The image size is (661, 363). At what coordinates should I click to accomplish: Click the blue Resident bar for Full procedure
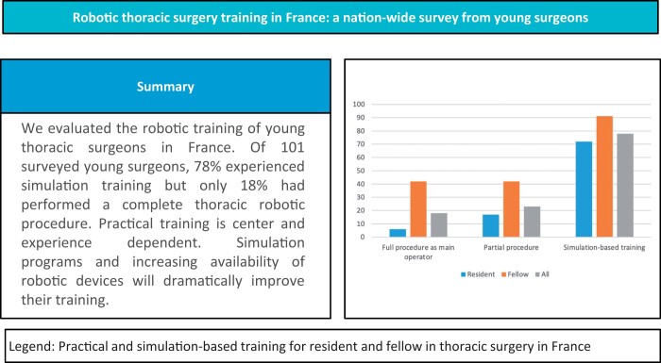(x=398, y=233)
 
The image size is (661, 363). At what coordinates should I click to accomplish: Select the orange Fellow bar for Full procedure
(x=418, y=209)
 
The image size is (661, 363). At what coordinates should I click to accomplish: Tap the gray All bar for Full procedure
(x=439, y=225)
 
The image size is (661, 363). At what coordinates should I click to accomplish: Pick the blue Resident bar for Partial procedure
(x=491, y=225)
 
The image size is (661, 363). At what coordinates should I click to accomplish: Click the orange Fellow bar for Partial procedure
(x=512, y=209)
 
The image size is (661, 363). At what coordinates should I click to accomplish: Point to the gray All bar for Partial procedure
(x=532, y=222)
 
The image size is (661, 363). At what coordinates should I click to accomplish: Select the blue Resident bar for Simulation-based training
(x=584, y=190)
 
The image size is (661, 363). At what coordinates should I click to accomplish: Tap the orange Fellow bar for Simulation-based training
(x=604, y=177)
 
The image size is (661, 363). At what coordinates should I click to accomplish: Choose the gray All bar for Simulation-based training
(x=625, y=186)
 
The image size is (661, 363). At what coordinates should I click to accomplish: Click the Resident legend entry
(x=478, y=274)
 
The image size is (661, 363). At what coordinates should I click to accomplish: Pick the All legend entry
(x=542, y=274)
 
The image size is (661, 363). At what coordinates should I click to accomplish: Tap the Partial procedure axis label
(x=511, y=248)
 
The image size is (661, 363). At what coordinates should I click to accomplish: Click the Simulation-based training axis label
(x=604, y=248)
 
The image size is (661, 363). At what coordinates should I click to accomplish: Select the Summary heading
(x=165, y=87)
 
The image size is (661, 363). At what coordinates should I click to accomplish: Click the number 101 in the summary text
(x=293, y=148)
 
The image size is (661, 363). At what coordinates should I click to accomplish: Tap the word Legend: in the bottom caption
(x=32, y=347)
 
